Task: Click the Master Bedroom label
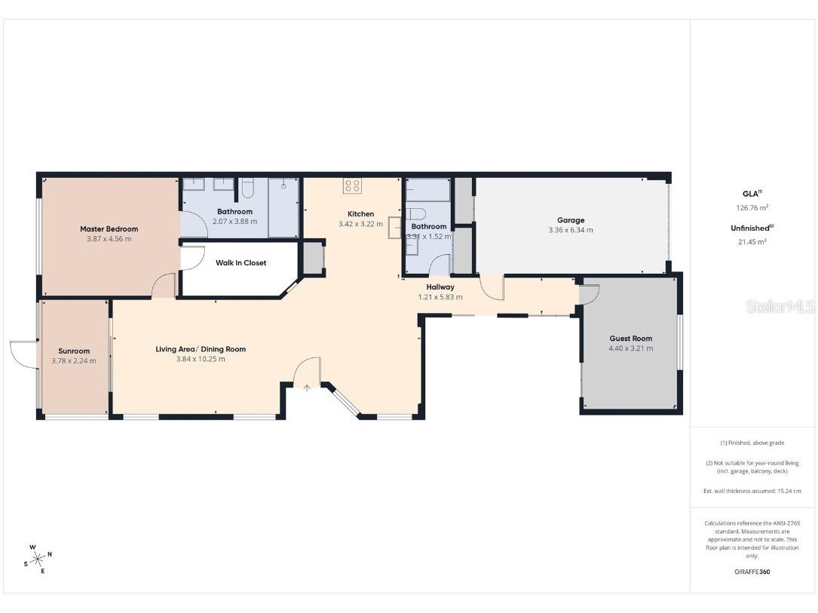[x=109, y=228]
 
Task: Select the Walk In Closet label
[x=240, y=263]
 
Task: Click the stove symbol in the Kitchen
[x=351, y=185]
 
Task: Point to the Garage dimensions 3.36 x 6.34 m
[x=571, y=230]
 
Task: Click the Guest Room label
[x=630, y=339]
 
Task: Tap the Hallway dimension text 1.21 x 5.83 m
[x=440, y=297]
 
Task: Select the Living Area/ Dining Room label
[x=201, y=349]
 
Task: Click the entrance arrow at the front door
[x=307, y=388]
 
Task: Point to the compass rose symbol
[x=38, y=559]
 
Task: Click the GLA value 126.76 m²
[x=752, y=207]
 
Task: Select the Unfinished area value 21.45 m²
[x=752, y=242]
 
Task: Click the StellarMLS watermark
[x=780, y=307]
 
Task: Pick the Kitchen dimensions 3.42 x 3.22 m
[x=360, y=224]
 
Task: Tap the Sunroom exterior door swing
[x=23, y=354]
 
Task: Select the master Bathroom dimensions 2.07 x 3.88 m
[x=234, y=222]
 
